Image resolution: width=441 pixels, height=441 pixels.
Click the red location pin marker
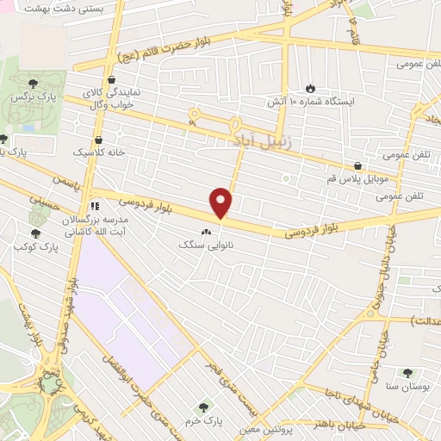(222, 202)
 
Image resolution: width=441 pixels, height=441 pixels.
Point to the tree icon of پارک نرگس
(33, 84)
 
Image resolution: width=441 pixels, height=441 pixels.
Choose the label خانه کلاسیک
(92, 152)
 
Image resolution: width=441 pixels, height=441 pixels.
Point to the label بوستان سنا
(407, 386)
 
